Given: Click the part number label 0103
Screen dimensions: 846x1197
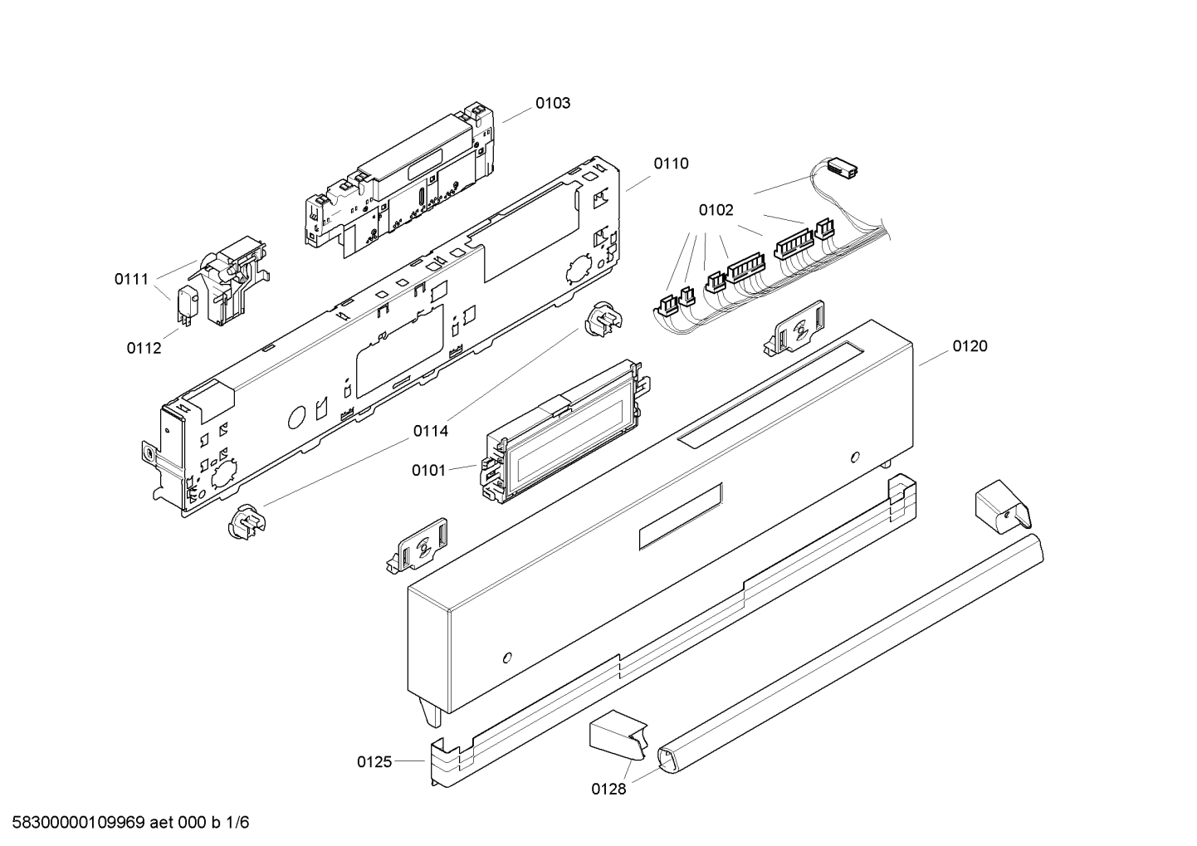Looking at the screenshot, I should pyautogui.click(x=552, y=103).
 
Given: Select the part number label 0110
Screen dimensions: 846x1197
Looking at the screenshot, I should pyautogui.click(x=671, y=164).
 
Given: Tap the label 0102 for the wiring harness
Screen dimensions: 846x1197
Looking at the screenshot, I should pyautogui.click(x=716, y=210).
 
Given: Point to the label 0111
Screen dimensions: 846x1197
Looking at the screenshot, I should pyautogui.click(x=132, y=279).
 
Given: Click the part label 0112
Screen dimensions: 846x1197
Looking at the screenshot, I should pyautogui.click(x=144, y=348).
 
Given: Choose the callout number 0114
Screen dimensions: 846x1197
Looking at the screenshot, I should pyautogui.click(x=430, y=431).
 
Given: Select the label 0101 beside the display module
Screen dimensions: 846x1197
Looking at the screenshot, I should pyautogui.click(x=428, y=470).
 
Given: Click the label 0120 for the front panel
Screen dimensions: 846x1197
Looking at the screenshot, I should pyautogui.click(x=970, y=346).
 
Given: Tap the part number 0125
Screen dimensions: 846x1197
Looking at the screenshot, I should pyautogui.click(x=374, y=761).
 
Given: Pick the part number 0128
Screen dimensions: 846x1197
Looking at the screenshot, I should pyautogui.click(x=608, y=790).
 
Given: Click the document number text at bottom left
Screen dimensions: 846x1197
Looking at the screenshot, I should pyautogui.click(x=125, y=823).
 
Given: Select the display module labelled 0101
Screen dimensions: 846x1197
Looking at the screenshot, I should pyautogui.click(x=564, y=432).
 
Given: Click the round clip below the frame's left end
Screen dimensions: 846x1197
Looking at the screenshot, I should pyautogui.click(x=247, y=522).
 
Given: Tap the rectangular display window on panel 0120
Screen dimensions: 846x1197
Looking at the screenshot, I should pyautogui.click(x=681, y=516).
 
